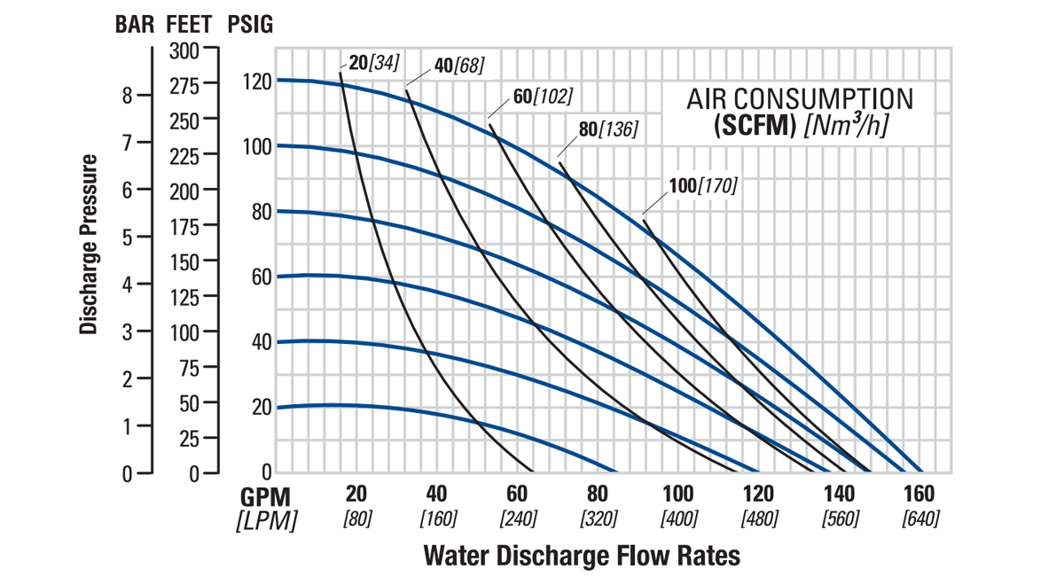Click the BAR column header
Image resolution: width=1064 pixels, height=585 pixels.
(x=136, y=25)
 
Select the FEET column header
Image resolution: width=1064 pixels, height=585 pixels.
(x=192, y=25)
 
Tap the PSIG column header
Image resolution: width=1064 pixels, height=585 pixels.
(x=250, y=25)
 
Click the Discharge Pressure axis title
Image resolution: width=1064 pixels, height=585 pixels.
(x=88, y=245)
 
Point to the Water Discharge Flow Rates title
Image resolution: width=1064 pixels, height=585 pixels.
(x=582, y=556)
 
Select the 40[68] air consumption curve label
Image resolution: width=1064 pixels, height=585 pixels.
(x=459, y=67)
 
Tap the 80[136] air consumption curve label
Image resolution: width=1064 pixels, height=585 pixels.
(x=607, y=129)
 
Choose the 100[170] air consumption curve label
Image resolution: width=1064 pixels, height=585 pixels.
(x=703, y=186)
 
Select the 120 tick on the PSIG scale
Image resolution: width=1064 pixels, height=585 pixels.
(x=255, y=81)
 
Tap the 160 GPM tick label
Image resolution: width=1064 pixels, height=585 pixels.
(x=919, y=495)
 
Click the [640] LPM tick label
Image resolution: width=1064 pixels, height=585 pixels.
(x=919, y=519)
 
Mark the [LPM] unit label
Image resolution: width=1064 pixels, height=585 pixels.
(x=266, y=520)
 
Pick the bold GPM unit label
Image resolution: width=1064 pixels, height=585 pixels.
(x=266, y=495)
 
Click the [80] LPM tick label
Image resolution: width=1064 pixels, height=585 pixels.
(x=356, y=519)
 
